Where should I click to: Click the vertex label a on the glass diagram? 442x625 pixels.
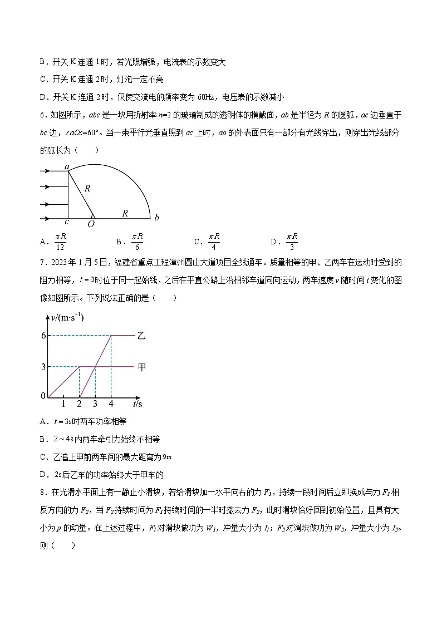pyautogui.click(x=66, y=167)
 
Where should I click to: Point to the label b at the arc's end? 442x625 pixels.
pyautogui.click(x=157, y=218)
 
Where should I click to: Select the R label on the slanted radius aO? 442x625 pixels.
pyautogui.click(x=87, y=189)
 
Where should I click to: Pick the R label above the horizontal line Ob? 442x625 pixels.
pyautogui.click(x=125, y=213)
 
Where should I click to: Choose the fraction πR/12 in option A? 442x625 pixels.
pyautogui.click(x=60, y=241)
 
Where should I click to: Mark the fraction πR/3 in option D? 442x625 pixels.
pyautogui.click(x=292, y=241)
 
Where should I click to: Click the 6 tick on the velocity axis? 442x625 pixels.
pyautogui.click(x=43, y=335)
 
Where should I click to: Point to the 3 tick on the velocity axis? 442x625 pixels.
pyautogui.click(x=43, y=366)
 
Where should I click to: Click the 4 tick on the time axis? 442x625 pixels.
pyautogui.click(x=111, y=403)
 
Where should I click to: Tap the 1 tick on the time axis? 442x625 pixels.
pyautogui.click(x=63, y=403)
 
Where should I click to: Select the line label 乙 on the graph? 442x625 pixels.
pyautogui.click(x=142, y=336)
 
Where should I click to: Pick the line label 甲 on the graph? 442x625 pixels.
pyautogui.click(x=142, y=367)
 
